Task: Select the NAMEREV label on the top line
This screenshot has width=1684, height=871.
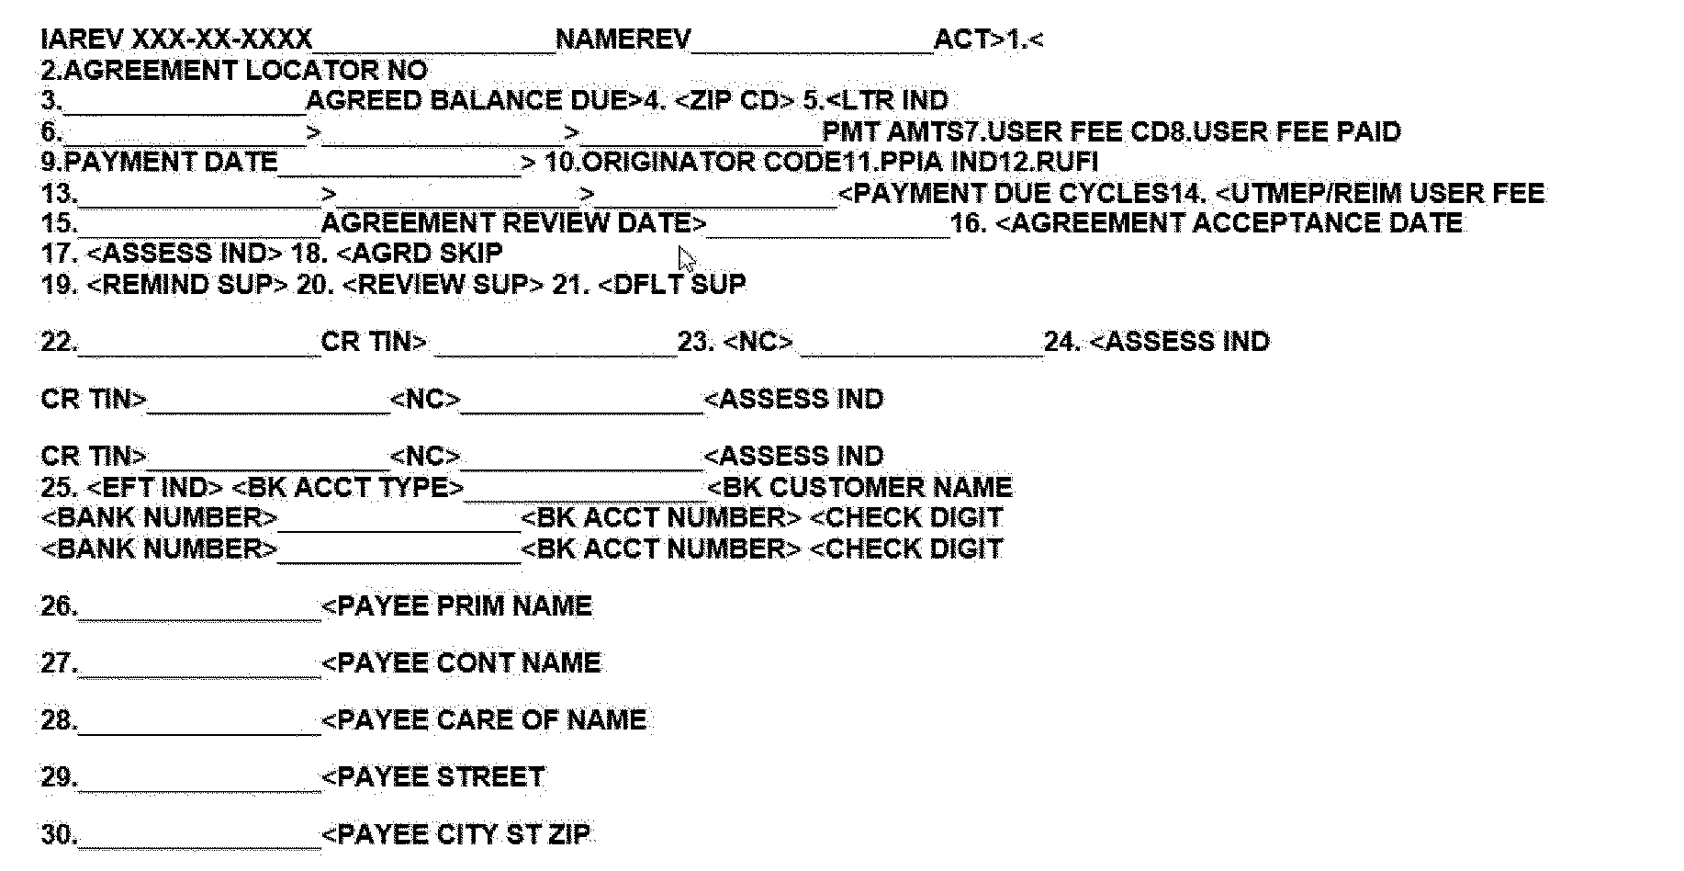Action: (x=623, y=40)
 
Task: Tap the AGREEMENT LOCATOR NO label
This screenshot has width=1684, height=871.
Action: (x=245, y=70)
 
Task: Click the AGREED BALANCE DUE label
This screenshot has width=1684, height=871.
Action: (x=472, y=100)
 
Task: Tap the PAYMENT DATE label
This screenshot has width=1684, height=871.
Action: (x=171, y=162)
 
